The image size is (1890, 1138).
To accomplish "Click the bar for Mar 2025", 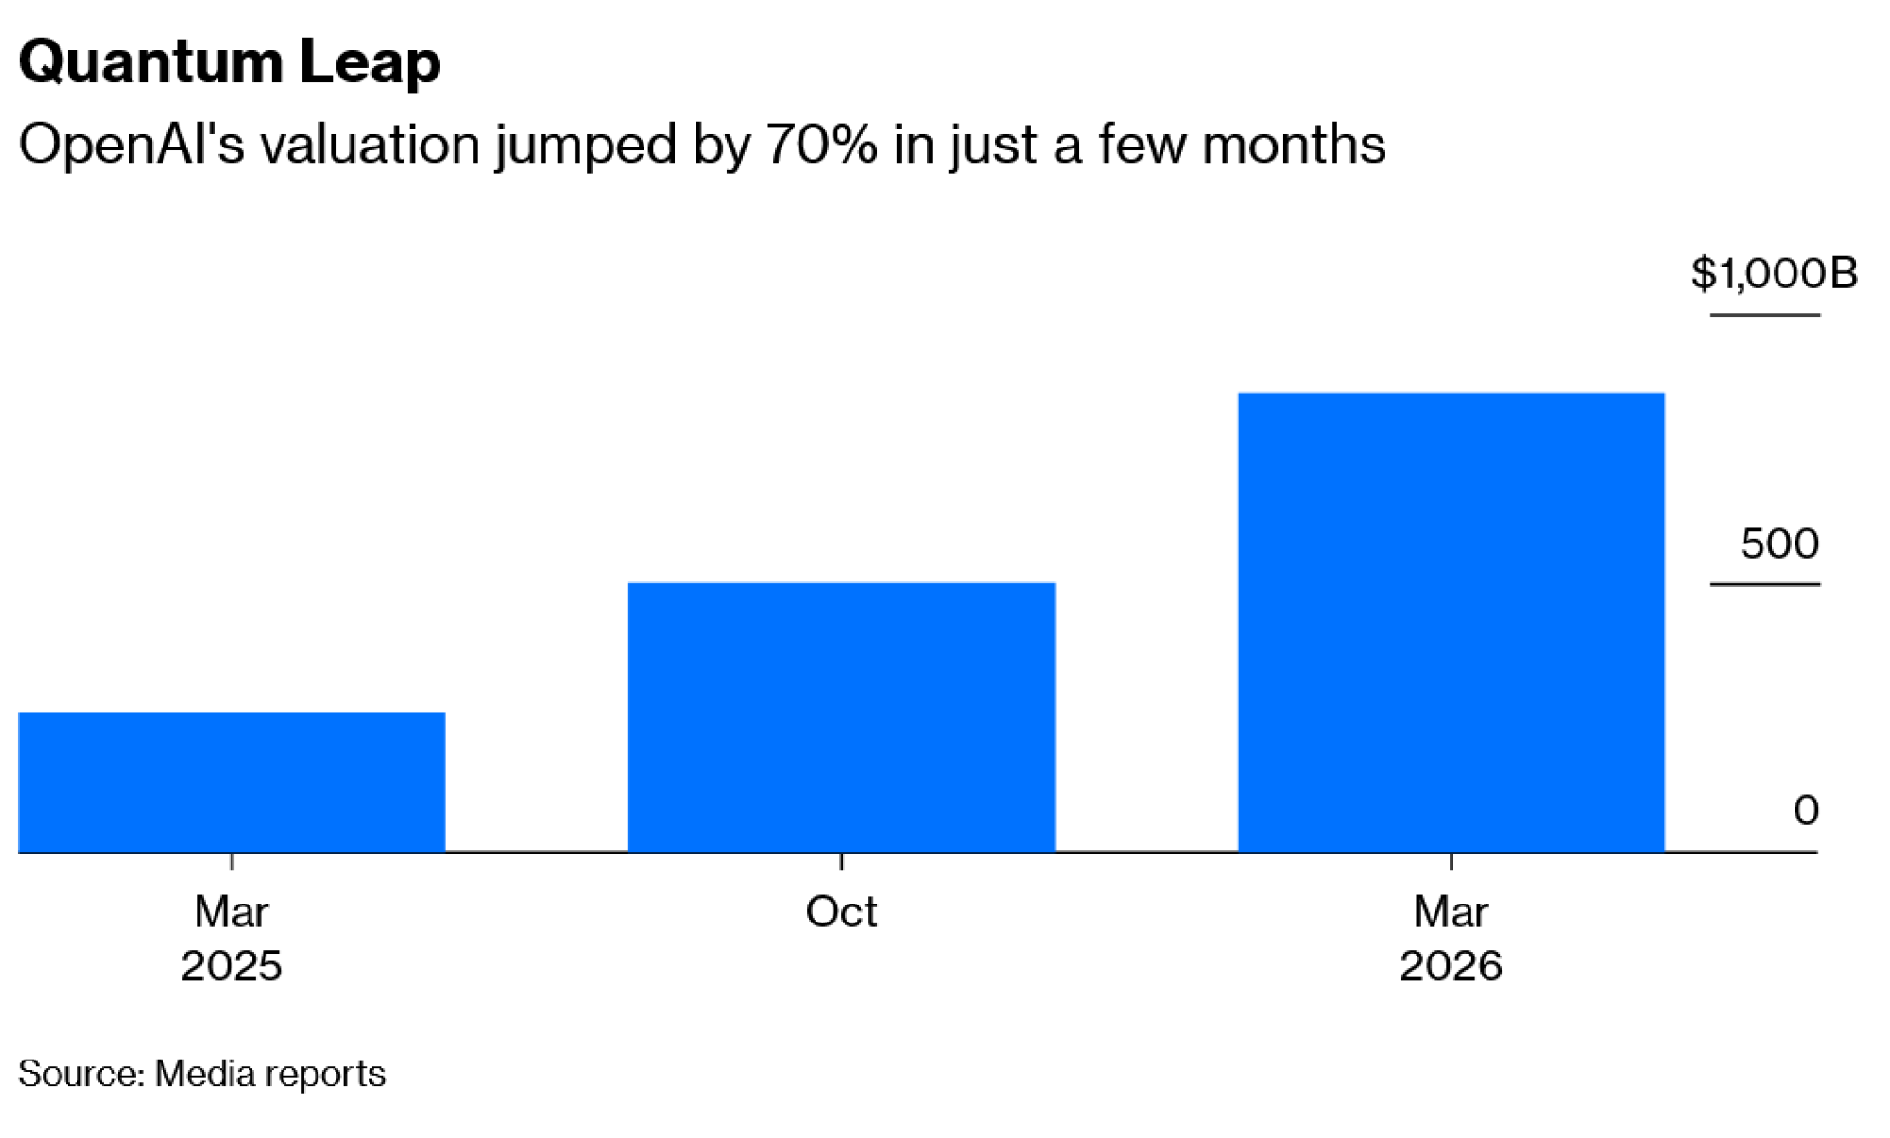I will point(232,782).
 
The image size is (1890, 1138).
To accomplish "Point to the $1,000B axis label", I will point(1774,273).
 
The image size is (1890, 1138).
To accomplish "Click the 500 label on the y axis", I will point(1779,543).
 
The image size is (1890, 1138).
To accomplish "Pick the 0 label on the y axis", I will point(1806,811).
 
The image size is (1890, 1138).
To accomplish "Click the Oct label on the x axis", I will point(841,912).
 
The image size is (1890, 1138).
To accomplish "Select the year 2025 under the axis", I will point(232,966).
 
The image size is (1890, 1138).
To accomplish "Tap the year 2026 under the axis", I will point(1451,966).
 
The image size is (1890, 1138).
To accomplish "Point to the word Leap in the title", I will point(369,62).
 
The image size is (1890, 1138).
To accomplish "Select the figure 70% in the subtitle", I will point(821,145).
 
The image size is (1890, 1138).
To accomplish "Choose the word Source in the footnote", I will point(80,1074).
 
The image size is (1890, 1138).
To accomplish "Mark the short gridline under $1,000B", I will point(1764,315).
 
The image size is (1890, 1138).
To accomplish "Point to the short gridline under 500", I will point(1764,584).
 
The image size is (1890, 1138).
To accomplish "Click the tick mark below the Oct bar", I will point(841,861).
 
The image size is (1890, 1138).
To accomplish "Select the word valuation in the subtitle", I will point(370,145).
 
